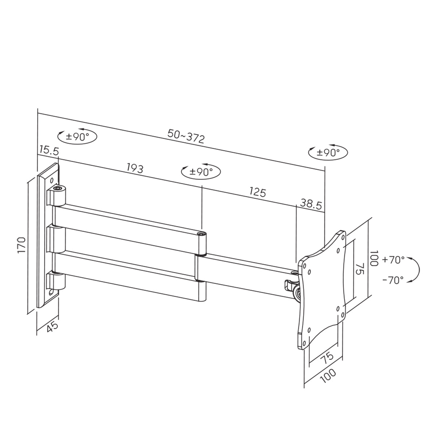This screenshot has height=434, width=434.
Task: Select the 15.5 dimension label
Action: [x=48, y=150]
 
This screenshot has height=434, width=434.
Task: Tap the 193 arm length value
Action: [x=135, y=168]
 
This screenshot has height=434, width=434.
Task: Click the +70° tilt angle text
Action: [x=393, y=260]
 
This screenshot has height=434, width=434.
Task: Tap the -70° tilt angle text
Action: [x=393, y=280]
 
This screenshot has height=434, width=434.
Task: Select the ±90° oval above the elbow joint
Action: [x=201, y=171]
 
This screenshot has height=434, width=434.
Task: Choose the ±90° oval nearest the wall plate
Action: [x=77, y=137]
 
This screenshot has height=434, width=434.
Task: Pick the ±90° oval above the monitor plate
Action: [x=328, y=152]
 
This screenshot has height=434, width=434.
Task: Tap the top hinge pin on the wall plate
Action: [x=57, y=189]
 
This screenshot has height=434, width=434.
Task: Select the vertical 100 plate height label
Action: [x=375, y=258]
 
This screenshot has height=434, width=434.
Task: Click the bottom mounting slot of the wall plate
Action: [x=52, y=291]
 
